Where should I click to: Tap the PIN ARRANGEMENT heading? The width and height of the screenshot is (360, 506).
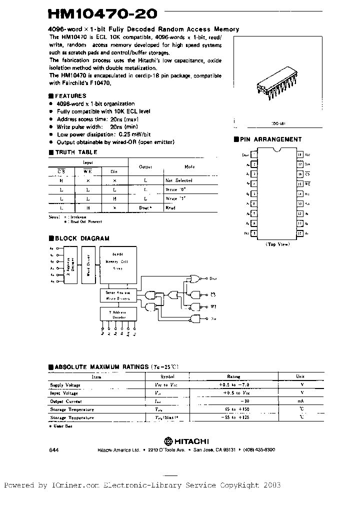267,139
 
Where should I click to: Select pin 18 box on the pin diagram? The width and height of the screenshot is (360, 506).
300,155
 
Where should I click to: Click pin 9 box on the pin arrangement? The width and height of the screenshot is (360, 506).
254,233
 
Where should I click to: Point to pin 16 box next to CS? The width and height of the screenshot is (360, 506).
300,174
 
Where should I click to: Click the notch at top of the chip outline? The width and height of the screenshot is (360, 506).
277,149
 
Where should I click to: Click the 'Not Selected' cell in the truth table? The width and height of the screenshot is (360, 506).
179,180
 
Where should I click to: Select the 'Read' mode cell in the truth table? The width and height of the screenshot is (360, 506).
170,206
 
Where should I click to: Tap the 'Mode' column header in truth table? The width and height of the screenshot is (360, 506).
189,167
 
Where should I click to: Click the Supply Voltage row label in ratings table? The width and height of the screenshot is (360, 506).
65,385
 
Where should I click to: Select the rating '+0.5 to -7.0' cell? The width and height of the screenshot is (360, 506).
233,385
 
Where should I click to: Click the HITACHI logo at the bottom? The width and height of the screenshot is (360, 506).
186,441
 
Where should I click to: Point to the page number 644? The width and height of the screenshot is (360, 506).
54,449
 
